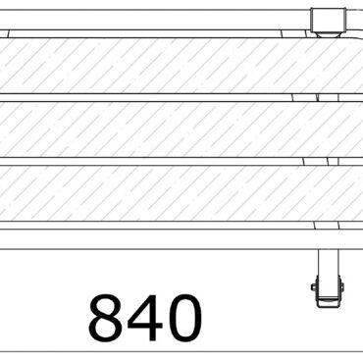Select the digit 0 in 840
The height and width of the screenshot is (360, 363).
tap(181, 316)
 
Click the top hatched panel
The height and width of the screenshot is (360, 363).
tap(167, 67)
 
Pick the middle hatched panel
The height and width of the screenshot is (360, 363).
tap(167, 129)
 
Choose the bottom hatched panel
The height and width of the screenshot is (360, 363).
tap(167, 193)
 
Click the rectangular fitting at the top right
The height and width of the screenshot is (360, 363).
tap(330, 20)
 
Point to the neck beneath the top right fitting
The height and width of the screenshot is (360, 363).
tap(330, 34)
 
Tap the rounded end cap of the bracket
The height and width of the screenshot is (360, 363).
tap(328, 296)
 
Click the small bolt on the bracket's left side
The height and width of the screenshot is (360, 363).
tap(314, 286)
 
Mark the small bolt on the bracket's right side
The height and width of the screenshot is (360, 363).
tap(341, 286)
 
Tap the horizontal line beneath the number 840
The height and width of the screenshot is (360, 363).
tap(181, 351)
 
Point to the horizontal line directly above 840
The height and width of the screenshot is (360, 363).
tap(147, 248)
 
